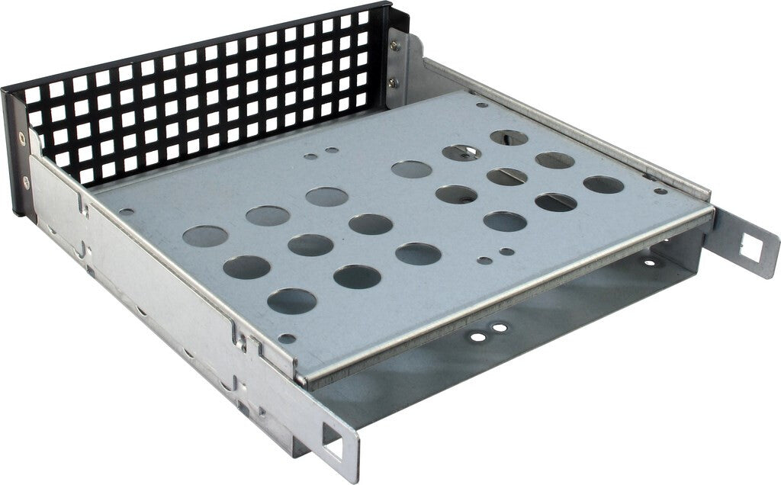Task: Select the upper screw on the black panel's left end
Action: tap(21, 139)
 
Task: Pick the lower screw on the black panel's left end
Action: tap(26, 182)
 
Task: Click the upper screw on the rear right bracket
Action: tap(394, 47)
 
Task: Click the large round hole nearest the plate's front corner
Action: tap(291, 300)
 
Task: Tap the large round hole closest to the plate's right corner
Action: tap(603, 185)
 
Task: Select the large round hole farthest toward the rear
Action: tap(509, 137)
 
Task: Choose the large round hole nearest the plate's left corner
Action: tap(205, 236)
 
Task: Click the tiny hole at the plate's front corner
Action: tap(287, 338)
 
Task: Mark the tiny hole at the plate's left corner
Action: tap(127, 213)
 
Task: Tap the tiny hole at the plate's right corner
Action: tap(660, 191)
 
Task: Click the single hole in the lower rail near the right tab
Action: tap(649, 262)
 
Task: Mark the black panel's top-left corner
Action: tap(5, 91)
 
